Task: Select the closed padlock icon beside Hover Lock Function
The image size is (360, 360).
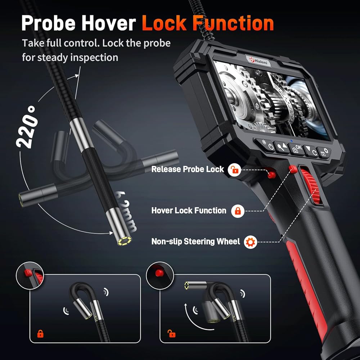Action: pos(238,211)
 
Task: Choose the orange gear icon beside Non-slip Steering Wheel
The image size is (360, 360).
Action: pos(249,242)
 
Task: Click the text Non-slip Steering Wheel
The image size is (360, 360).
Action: pos(195,242)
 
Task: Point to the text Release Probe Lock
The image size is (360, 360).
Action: pos(188,169)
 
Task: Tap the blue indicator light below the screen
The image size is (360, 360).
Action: pos(291,141)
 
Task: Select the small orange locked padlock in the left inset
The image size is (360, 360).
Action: pos(41,333)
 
